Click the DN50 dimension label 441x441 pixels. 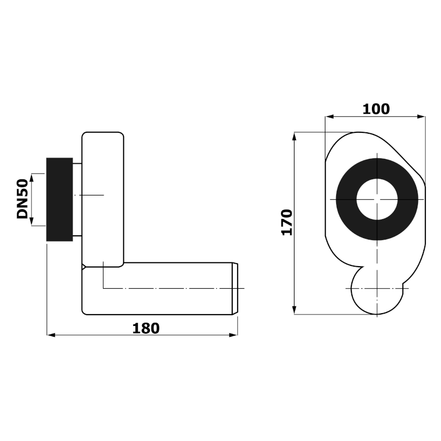[22, 199]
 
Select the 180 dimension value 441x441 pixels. [146, 328]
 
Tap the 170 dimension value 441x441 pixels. [287, 222]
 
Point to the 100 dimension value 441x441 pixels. [376, 109]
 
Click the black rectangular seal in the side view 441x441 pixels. [60, 199]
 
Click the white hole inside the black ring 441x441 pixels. [377, 199]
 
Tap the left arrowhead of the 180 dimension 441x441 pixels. [51, 335]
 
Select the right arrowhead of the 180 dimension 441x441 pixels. [233, 335]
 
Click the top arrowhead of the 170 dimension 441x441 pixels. [294, 136]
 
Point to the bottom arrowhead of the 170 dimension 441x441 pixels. [294, 310]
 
